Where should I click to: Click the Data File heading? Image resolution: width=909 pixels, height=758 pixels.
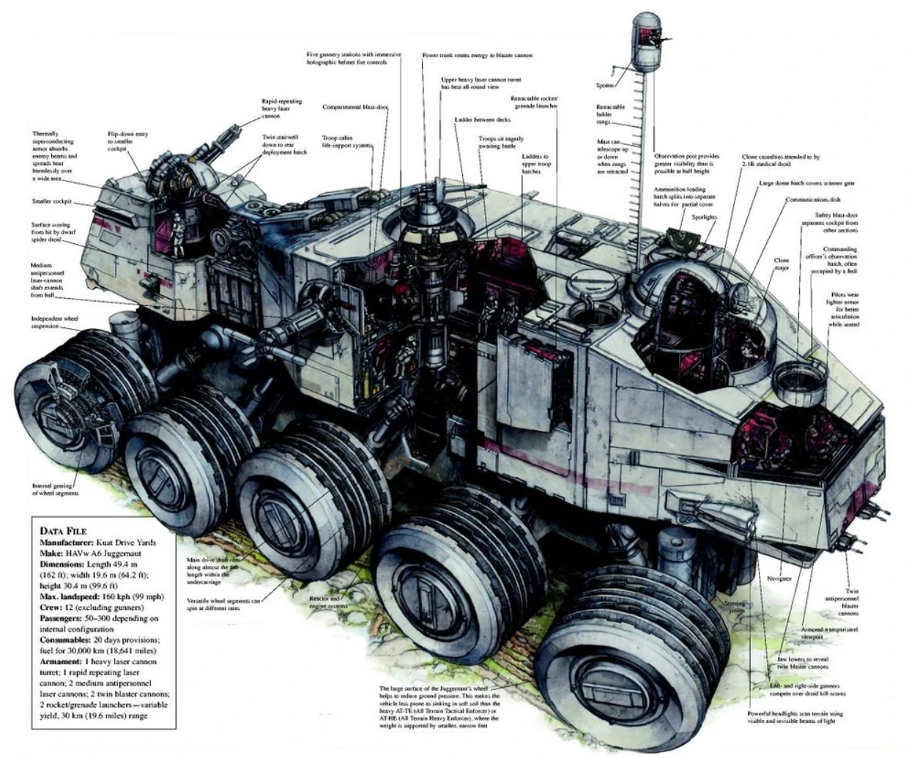(x=64, y=531)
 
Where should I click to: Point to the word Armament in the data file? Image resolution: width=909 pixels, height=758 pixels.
(x=60, y=661)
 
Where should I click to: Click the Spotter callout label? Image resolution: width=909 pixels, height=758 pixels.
(x=605, y=85)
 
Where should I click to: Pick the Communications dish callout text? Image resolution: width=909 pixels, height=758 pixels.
(x=812, y=199)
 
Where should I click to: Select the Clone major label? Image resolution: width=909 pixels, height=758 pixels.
(x=782, y=264)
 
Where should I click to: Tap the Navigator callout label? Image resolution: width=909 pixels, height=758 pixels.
(x=779, y=579)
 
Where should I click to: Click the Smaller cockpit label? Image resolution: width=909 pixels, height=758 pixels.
(x=52, y=201)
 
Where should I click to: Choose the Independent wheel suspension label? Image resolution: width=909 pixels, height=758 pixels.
(x=54, y=322)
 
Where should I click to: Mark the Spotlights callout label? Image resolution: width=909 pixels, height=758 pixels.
(x=705, y=217)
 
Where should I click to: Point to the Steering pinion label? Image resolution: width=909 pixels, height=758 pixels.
(x=735, y=607)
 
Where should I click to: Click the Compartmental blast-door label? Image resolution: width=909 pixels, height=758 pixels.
(x=355, y=107)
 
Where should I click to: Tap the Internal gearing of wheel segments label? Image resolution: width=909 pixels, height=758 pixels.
(x=55, y=489)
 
